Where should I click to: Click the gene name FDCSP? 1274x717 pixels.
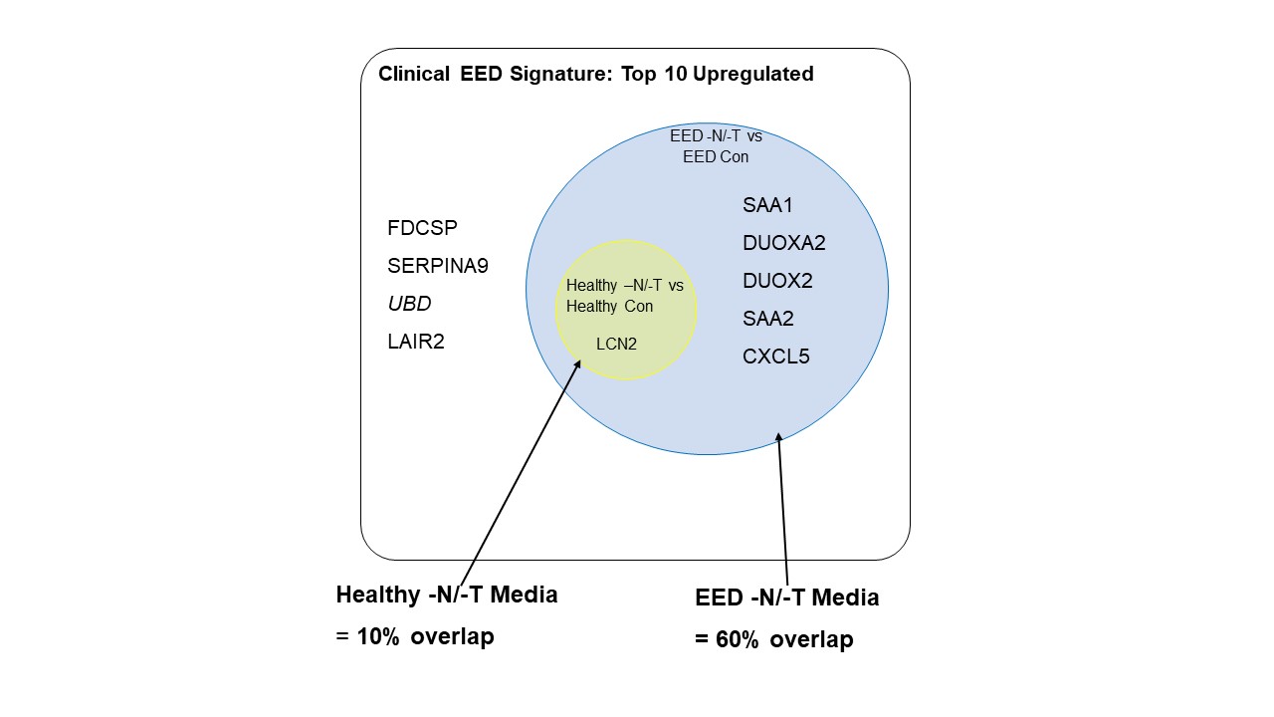tap(422, 228)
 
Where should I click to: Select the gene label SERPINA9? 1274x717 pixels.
tap(437, 266)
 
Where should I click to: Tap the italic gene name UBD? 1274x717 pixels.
tap(409, 304)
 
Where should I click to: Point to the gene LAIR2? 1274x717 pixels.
tap(415, 342)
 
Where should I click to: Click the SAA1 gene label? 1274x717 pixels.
tap(767, 205)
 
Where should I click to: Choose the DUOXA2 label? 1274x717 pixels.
tap(783, 243)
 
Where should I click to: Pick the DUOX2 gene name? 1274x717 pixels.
tap(777, 281)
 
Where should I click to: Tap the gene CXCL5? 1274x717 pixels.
tap(775, 357)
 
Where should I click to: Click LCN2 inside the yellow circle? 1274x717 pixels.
tap(616, 345)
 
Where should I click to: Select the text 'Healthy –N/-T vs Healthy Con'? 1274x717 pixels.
tap(624, 296)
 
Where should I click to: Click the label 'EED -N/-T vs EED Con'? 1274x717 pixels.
tap(716, 146)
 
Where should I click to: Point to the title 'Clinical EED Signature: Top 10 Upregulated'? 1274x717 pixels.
tap(595, 75)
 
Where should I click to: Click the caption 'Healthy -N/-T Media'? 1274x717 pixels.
tap(446, 595)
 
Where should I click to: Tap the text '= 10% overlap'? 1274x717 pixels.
tap(414, 636)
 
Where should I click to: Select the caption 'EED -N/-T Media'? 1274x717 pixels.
tap(786, 597)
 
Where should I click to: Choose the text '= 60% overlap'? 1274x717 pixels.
tap(773, 639)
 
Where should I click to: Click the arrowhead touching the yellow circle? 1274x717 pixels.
tap(577, 365)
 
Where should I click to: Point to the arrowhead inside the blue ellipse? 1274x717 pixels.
tap(779, 437)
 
